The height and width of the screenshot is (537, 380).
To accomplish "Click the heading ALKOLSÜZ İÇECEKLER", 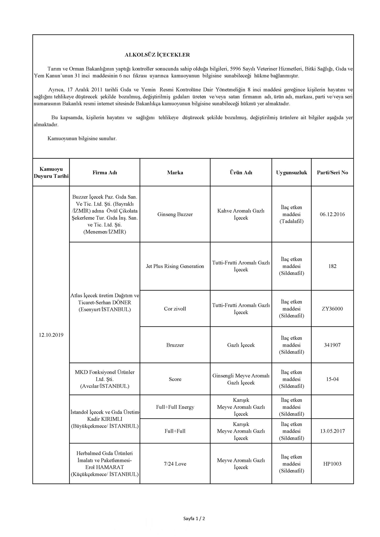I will tap(157, 55).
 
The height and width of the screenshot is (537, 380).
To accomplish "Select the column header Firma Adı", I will tap(105, 173).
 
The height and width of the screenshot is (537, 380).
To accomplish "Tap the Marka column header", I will tap(175, 173).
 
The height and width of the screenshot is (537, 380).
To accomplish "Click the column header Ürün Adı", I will tap(241, 173).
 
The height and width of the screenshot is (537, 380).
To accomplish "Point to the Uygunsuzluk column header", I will tap(291, 173).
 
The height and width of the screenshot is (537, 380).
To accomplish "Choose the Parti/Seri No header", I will tap(332, 173).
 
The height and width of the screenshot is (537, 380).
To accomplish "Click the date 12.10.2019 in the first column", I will tap(51, 335).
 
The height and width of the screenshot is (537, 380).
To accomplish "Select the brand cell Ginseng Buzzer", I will tap(175, 214).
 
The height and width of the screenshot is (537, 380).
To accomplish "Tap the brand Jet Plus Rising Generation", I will tap(175, 266).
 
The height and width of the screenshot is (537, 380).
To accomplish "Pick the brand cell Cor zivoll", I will tap(175, 309).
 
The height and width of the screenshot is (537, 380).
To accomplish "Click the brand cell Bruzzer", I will tap(175, 345).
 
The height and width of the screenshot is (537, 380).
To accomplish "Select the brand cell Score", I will tap(175, 379).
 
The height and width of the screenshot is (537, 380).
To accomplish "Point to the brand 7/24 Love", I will tap(175, 464).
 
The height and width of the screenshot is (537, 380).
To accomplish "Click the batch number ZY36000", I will tap(332, 309).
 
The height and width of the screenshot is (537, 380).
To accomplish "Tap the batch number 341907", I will tap(332, 345).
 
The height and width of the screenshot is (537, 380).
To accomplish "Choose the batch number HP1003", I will tap(332, 464).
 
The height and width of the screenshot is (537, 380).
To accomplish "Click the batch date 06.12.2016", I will tap(332, 214).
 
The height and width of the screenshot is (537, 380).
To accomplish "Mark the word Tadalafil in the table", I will tap(291, 221).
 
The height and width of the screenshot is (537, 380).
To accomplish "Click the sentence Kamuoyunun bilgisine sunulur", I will tap(82, 138).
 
